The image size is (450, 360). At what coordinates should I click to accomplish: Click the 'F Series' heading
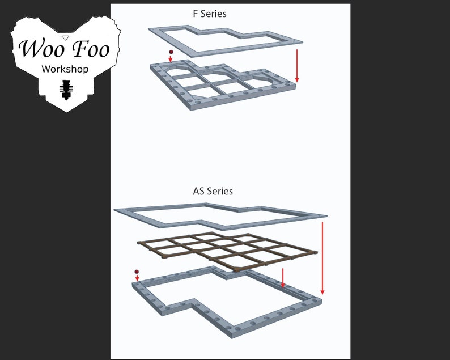[x=210, y=13]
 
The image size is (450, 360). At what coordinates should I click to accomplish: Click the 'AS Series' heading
[x=213, y=191]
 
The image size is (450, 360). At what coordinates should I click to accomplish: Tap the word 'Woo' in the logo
[x=39, y=49]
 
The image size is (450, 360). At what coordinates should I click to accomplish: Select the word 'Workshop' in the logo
[x=65, y=69]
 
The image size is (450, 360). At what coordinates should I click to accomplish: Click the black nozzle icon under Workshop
[x=66, y=90]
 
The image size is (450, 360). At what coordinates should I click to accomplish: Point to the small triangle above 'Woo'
[x=65, y=37]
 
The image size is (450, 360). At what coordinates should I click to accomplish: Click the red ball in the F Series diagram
[x=171, y=52]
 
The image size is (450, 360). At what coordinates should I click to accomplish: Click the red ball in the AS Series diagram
[x=137, y=272]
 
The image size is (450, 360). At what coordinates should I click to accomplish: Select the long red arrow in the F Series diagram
[x=296, y=65]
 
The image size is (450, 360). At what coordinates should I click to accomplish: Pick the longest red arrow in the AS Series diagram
[x=322, y=258]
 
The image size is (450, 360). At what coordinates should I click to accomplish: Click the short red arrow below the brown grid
[x=283, y=278]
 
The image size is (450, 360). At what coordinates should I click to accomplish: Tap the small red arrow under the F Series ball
[x=171, y=58]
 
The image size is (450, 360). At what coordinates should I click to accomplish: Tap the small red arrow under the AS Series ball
[x=137, y=278]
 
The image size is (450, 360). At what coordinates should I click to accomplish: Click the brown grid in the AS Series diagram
[x=227, y=249]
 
